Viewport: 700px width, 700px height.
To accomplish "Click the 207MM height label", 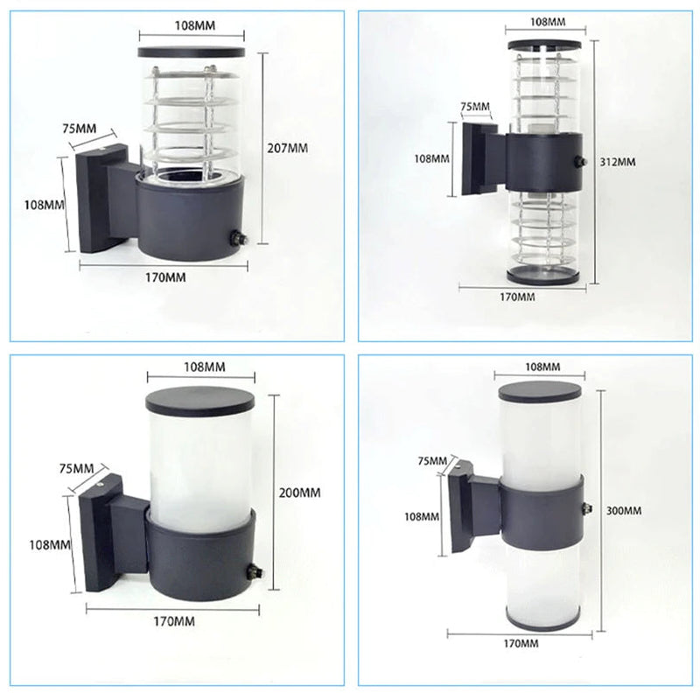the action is pyautogui.click(x=288, y=148).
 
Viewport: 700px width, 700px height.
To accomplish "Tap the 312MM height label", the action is pyautogui.click(x=618, y=162).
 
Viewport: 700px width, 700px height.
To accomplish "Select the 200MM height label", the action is pyautogui.click(x=299, y=493).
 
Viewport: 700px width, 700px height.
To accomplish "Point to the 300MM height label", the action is pyautogui.click(x=624, y=510).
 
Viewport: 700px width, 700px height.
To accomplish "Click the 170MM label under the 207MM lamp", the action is pyautogui.click(x=165, y=277).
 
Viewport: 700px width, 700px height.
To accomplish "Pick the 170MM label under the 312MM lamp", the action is pyautogui.click(x=517, y=297).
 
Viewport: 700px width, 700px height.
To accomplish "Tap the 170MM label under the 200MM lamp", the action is pyautogui.click(x=174, y=621).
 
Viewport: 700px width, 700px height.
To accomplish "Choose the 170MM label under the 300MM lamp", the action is pyautogui.click(x=521, y=643).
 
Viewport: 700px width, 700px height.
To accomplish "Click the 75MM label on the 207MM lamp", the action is pyautogui.click(x=79, y=129).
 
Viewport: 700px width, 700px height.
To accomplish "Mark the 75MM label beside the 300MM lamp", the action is pyautogui.click(x=432, y=461).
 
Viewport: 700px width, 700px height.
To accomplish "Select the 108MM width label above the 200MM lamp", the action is pyautogui.click(x=205, y=367).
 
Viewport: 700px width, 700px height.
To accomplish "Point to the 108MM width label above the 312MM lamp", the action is pyautogui.click(x=548, y=21).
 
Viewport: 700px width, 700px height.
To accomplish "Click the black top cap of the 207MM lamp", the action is pyautogui.click(x=192, y=52).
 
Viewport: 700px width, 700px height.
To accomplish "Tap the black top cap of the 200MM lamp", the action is pyautogui.click(x=200, y=400).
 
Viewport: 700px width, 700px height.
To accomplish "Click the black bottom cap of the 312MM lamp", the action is pyautogui.click(x=542, y=275).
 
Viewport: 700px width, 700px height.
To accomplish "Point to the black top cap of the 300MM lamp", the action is pyautogui.click(x=540, y=391).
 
